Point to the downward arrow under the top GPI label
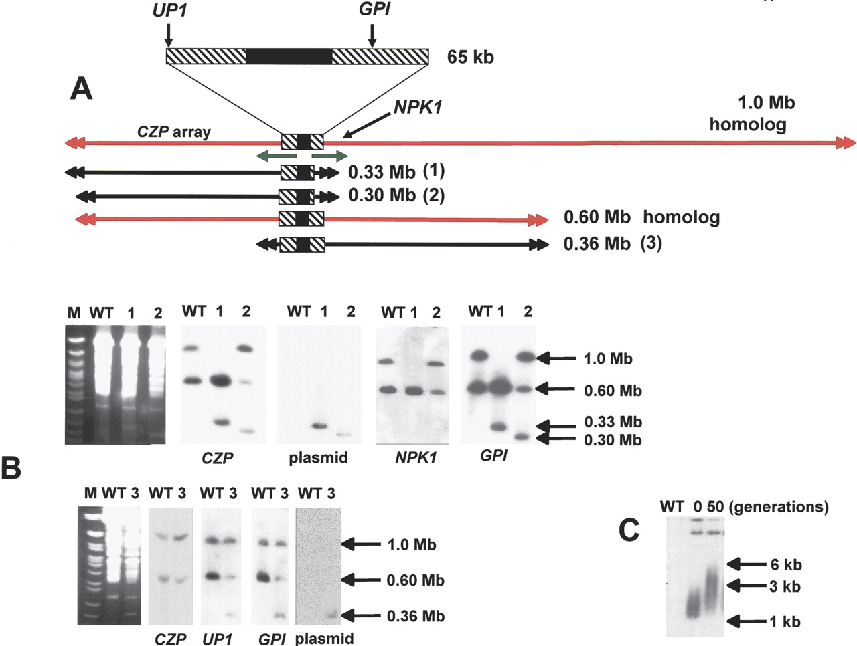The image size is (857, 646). pos(372,36)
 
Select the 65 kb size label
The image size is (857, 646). pos(471,57)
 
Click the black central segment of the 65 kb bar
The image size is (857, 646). pos(289,56)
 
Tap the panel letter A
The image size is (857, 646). pos(81,88)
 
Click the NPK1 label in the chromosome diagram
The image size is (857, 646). pos(418,107)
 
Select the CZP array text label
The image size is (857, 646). pos(173,132)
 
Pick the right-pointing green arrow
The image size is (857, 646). pos(330,156)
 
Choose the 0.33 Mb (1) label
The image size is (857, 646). pos(396,172)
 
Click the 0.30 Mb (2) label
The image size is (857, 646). pos(396,195)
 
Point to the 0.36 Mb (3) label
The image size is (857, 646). pos(613,244)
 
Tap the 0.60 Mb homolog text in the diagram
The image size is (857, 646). pos(642,217)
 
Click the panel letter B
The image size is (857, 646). pos(11,469)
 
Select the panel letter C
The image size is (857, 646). pos(629,530)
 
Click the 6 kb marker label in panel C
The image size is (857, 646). pos(786,564)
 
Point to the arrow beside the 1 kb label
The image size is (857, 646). pos(747,621)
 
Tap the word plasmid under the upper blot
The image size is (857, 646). pos(318,457)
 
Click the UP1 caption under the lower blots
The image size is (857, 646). pos(218,639)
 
